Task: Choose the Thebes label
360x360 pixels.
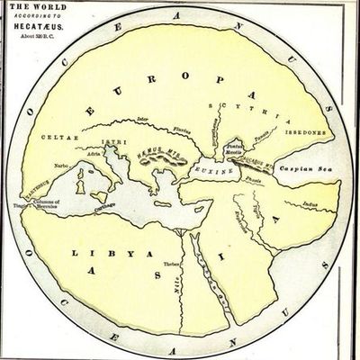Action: (x=171, y=264)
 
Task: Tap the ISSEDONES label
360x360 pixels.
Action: (x=305, y=139)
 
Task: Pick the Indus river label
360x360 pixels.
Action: (x=310, y=206)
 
